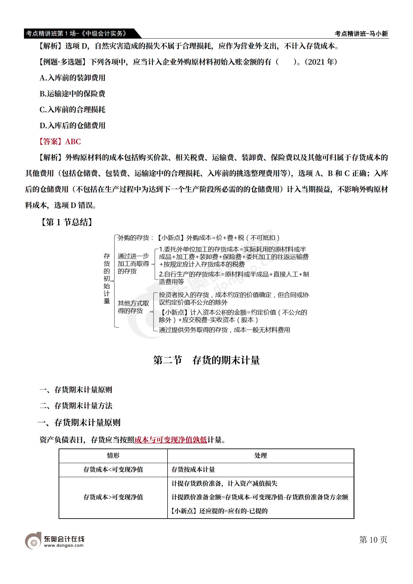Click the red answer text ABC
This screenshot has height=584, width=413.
point(73,142)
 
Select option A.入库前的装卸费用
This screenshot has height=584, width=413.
point(72,78)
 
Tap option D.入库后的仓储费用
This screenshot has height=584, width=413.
point(72,126)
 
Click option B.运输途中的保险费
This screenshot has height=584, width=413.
point(72,94)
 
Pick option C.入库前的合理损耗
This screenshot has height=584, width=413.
point(72,110)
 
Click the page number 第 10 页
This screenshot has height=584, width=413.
point(373,540)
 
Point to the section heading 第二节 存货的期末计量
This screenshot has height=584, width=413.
point(206,360)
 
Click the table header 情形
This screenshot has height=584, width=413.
point(113,455)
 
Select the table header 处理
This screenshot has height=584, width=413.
point(261,455)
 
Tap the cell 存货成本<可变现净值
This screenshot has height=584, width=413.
point(113,469)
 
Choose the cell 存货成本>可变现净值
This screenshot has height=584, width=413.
point(113,497)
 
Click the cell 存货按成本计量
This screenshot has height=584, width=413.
point(193,469)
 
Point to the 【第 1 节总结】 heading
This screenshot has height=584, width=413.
point(66,222)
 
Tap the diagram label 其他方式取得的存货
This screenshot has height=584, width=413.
point(133,307)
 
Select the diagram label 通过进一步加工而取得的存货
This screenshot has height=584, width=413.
point(133,264)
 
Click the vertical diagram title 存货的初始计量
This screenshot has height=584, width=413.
point(107,279)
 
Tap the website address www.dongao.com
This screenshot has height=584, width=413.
point(64,545)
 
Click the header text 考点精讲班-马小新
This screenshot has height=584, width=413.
point(361,34)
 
